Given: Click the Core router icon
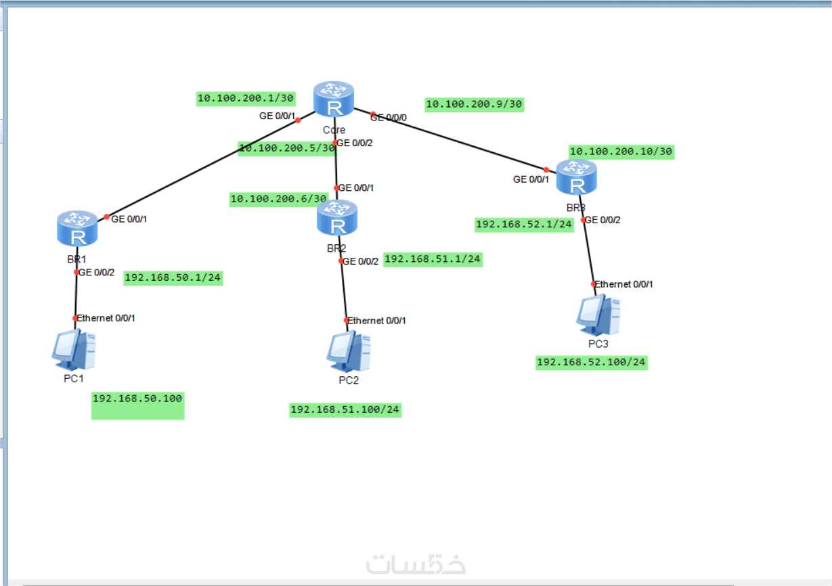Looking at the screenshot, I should [x=334, y=99].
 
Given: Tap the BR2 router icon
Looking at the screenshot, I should [x=336, y=217].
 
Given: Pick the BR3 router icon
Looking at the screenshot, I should [x=577, y=177].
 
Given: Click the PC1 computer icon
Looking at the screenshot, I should [x=73, y=349].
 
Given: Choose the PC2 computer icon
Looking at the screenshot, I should [x=348, y=352].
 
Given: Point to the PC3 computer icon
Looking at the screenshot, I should [x=598, y=315].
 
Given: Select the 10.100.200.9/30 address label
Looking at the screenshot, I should [x=474, y=104].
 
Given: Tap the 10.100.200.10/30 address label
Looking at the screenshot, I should [x=621, y=152].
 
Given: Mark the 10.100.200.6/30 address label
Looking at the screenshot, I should [x=278, y=199].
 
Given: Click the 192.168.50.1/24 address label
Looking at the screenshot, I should [x=173, y=277].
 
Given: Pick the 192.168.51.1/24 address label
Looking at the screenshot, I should [x=433, y=258].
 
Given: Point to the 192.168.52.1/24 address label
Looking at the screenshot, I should [x=525, y=224].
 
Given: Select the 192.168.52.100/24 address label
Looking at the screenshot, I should [x=591, y=363].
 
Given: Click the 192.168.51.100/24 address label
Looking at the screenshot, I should [x=345, y=409].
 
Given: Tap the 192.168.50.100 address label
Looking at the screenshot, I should [x=137, y=399].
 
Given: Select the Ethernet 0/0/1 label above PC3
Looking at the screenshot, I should [x=624, y=284].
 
